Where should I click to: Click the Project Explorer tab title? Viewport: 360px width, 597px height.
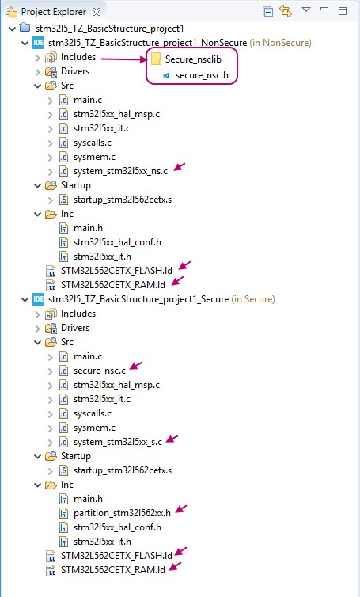click(54, 12)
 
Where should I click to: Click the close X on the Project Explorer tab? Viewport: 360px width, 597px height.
click(97, 12)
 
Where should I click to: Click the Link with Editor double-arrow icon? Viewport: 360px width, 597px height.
click(286, 11)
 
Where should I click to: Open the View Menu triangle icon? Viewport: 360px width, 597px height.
click(306, 10)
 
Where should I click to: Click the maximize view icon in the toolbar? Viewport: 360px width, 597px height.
click(343, 10)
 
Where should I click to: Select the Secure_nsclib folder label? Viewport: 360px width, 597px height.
click(193, 59)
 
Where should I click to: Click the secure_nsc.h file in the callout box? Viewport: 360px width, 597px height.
click(202, 75)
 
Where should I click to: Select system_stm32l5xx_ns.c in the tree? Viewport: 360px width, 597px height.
click(120, 171)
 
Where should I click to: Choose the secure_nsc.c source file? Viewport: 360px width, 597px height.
click(100, 371)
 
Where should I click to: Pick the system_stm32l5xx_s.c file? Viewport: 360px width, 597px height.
click(118, 442)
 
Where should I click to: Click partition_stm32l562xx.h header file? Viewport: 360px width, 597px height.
click(122, 513)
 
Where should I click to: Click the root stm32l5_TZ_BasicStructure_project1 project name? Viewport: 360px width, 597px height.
click(110, 29)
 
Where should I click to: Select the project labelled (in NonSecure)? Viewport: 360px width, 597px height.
click(180, 43)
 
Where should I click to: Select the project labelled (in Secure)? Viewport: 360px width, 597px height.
click(161, 299)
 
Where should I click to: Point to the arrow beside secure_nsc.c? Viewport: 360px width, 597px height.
click(136, 366)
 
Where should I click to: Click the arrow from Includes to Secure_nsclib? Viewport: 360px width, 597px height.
click(124, 59)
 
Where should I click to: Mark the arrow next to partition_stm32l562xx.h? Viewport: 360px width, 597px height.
click(180, 508)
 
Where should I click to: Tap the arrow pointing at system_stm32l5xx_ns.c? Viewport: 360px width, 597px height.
click(180, 167)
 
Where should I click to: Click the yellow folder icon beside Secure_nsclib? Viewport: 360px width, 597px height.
click(156, 59)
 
